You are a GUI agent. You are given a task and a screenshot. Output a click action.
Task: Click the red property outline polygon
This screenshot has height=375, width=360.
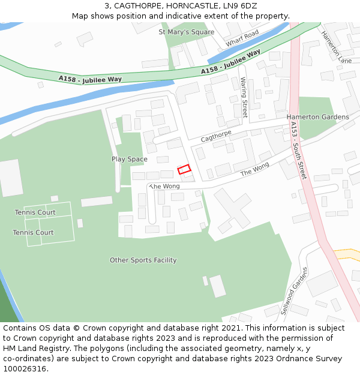(184, 169)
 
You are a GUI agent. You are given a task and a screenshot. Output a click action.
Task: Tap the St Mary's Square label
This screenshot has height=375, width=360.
(186, 32)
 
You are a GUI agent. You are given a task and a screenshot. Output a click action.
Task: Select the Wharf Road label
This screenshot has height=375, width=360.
(242, 38)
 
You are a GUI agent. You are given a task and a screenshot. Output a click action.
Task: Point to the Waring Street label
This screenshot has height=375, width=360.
(244, 97)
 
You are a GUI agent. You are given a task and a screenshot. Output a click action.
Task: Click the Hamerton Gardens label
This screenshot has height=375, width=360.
(317, 117)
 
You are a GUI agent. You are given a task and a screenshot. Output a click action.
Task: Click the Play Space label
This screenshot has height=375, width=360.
(129, 159)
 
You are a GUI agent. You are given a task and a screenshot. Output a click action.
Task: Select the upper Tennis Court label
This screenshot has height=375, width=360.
(35, 212)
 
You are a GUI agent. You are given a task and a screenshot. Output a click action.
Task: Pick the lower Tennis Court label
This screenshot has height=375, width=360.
(33, 232)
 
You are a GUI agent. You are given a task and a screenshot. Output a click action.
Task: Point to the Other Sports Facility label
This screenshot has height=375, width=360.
(143, 260)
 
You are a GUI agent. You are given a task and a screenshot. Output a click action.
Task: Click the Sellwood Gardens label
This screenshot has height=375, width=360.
(294, 291)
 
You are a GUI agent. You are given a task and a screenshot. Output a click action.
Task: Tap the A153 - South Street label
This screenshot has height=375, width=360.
(298, 150)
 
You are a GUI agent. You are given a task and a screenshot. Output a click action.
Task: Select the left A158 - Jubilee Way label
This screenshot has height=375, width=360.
(90, 79)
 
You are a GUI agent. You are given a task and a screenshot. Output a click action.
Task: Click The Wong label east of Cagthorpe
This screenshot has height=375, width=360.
(255, 172)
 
